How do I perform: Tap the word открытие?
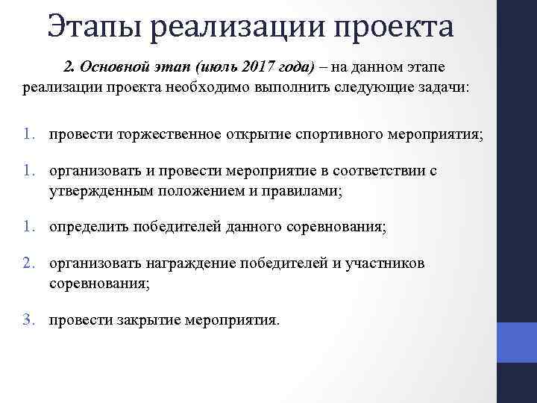point(255,135)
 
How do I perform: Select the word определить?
point(89,227)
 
